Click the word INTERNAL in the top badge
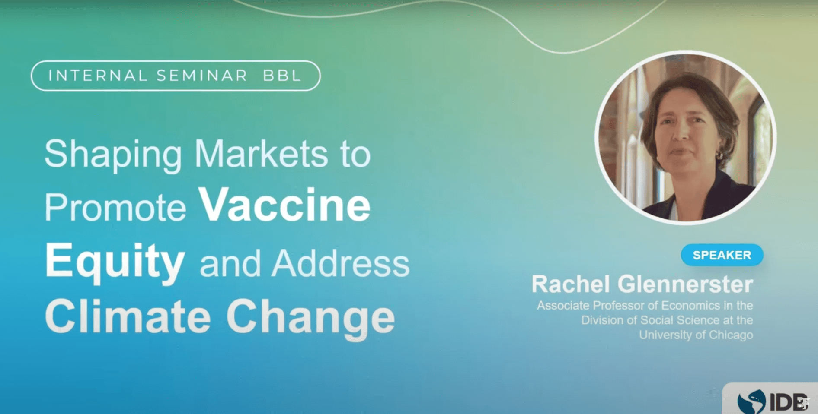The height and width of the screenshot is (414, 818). (98, 76)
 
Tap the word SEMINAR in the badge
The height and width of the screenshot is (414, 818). (201, 76)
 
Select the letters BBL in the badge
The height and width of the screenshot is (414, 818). (282, 76)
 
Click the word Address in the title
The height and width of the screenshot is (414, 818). (340, 263)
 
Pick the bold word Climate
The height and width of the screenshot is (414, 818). (128, 317)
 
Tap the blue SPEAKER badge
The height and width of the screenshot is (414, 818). (722, 255)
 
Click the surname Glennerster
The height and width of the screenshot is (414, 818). (685, 284)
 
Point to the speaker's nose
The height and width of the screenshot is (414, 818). (681, 132)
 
